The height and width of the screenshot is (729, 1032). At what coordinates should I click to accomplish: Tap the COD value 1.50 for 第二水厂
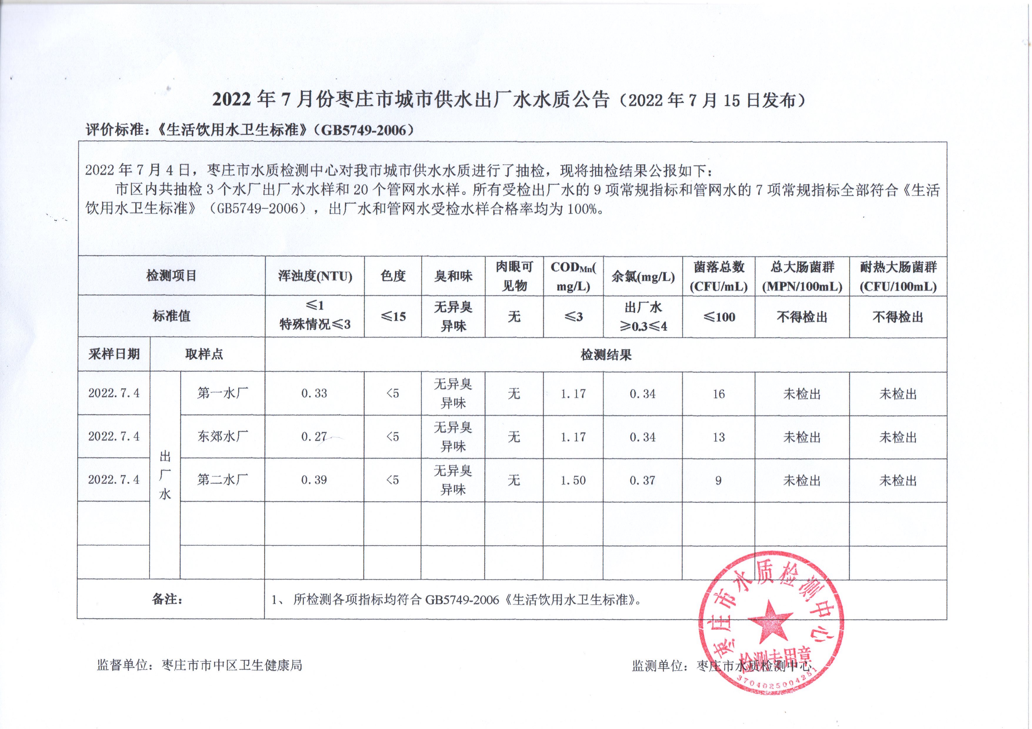(573, 480)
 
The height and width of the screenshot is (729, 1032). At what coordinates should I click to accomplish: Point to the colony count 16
(718, 394)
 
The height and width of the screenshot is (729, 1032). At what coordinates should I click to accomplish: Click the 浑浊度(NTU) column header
(315, 276)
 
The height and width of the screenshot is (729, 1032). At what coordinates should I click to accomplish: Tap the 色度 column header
(393, 276)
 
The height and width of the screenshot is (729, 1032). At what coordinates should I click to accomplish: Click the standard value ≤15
(393, 317)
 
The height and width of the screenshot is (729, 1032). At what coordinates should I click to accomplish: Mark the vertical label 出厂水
(165, 475)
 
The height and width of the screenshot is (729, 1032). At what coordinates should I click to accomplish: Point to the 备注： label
(167, 599)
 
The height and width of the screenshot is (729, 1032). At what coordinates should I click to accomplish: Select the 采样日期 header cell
(114, 354)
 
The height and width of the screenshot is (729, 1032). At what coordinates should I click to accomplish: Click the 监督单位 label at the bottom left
(122, 665)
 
